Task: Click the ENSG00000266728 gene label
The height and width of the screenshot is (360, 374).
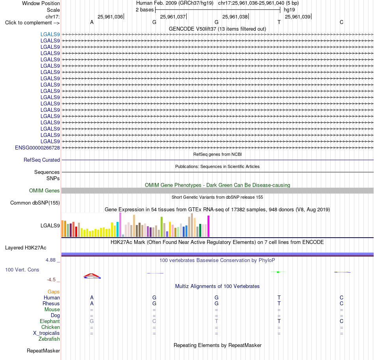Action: [x=37, y=148]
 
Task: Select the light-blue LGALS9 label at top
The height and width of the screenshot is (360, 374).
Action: [x=50, y=34]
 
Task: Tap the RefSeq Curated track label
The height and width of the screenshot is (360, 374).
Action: [x=42, y=160]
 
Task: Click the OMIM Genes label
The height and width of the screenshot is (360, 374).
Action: [x=44, y=190]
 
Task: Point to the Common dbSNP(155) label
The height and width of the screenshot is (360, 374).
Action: [x=35, y=203]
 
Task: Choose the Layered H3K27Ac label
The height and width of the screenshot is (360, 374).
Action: [x=26, y=248]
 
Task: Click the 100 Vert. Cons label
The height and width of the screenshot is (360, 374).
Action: [x=22, y=270]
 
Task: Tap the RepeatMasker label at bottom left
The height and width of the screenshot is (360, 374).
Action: [x=43, y=351]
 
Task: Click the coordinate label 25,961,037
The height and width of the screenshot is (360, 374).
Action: [x=173, y=17]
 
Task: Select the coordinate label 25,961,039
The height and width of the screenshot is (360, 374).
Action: [x=298, y=17]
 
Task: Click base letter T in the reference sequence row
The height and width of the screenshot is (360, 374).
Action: [x=279, y=22]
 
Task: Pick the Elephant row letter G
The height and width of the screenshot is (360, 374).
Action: [x=92, y=321]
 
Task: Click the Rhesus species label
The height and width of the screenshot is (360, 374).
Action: [x=51, y=303]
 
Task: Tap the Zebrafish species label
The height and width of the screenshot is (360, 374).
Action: [x=49, y=339]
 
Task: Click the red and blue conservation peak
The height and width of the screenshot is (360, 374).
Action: [x=92, y=276]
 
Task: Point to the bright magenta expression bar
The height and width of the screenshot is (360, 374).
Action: [x=209, y=226]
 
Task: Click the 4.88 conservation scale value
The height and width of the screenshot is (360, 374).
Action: [x=50, y=260]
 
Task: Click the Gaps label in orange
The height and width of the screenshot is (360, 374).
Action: [x=54, y=292]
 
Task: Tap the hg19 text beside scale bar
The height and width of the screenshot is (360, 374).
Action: [x=289, y=10]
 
